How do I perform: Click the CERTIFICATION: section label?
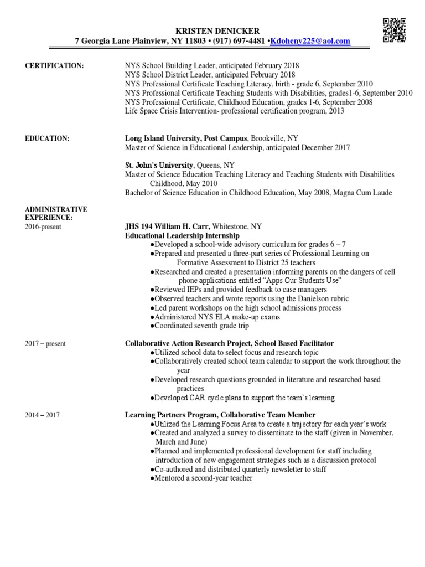54,66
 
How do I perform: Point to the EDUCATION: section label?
48,139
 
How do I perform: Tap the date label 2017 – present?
45,344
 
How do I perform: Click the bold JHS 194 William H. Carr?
172,226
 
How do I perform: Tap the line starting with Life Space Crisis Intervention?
235,111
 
